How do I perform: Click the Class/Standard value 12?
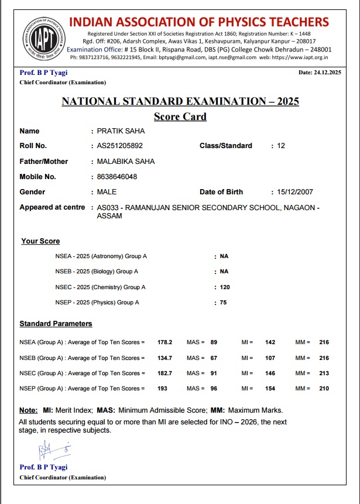click(x=281, y=146)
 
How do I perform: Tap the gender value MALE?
click(x=107, y=192)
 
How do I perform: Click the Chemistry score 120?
click(x=225, y=287)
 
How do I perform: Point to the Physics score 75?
click(x=223, y=303)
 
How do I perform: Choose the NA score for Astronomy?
click(x=224, y=256)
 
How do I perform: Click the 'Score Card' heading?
click(x=180, y=116)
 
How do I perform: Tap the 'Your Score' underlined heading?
click(x=40, y=241)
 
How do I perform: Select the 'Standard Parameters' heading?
click(x=56, y=324)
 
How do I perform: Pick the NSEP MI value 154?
click(x=270, y=389)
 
